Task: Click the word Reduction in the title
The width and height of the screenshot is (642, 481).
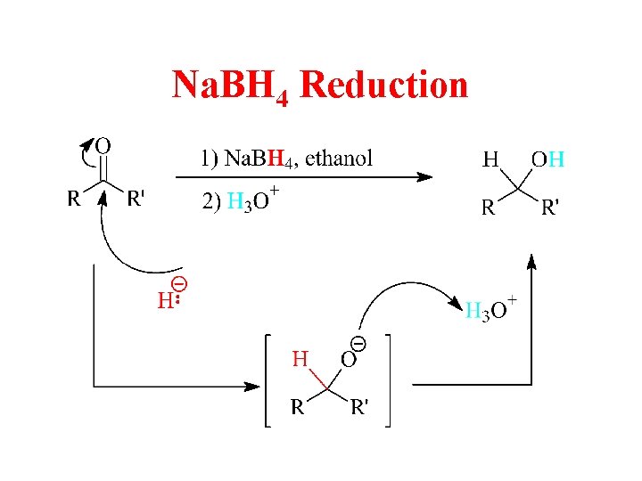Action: tap(384, 86)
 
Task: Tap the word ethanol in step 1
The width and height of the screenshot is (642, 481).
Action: tap(339, 159)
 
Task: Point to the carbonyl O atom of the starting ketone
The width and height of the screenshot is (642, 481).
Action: tap(103, 144)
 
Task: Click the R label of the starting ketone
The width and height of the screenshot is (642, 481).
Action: tap(74, 199)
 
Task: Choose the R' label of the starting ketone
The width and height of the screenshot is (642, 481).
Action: tap(135, 199)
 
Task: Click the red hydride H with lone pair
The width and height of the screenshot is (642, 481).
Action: tap(165, 301)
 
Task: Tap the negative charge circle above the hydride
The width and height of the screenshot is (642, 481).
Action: tap(178, 284)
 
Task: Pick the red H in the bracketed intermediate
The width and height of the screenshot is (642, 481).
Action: tap(300, 360)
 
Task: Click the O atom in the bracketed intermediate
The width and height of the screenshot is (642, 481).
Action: tap(349, 360)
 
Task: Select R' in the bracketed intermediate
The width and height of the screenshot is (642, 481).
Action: tap(360, 408)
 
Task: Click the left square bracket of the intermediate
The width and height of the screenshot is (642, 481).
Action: tap(267, 381)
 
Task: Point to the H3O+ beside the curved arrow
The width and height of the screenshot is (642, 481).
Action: tap(490, 309)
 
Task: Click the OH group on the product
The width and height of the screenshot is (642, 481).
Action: tap(547, 160)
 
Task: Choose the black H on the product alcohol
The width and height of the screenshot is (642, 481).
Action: tap(490, 160)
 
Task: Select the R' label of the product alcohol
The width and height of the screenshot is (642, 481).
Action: tap(551, 208)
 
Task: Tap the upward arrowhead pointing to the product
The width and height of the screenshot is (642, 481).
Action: tap(532, 260)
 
